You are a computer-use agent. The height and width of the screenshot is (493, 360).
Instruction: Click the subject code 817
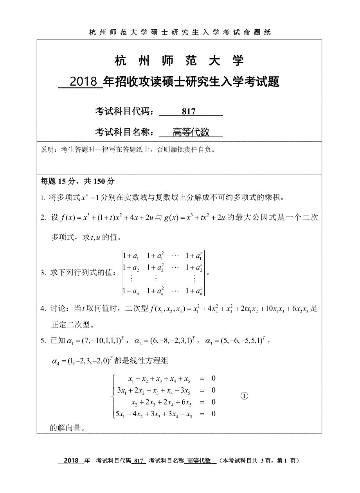click(189, 112)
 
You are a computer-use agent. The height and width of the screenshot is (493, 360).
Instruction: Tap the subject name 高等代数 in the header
click(191, 132)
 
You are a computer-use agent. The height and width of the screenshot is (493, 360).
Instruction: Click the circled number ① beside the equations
click(244, 396)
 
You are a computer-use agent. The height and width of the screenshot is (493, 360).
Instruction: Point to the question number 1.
click(43, 198)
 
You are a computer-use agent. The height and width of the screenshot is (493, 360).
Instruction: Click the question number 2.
click(43, 218)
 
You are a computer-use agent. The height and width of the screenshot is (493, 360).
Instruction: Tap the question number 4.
click(43, 309)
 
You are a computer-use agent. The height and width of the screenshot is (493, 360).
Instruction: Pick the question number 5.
click(43, 341)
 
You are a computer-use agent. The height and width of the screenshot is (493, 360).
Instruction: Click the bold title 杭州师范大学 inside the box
click(180, 61)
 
